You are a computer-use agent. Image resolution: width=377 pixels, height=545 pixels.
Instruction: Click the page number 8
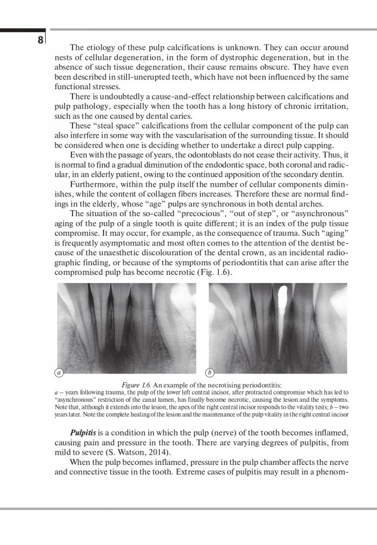pyautogui.click(x=40, y=40)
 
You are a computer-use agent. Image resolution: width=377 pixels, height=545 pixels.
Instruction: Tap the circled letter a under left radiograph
pyautogui.click(x=59, y=373)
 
